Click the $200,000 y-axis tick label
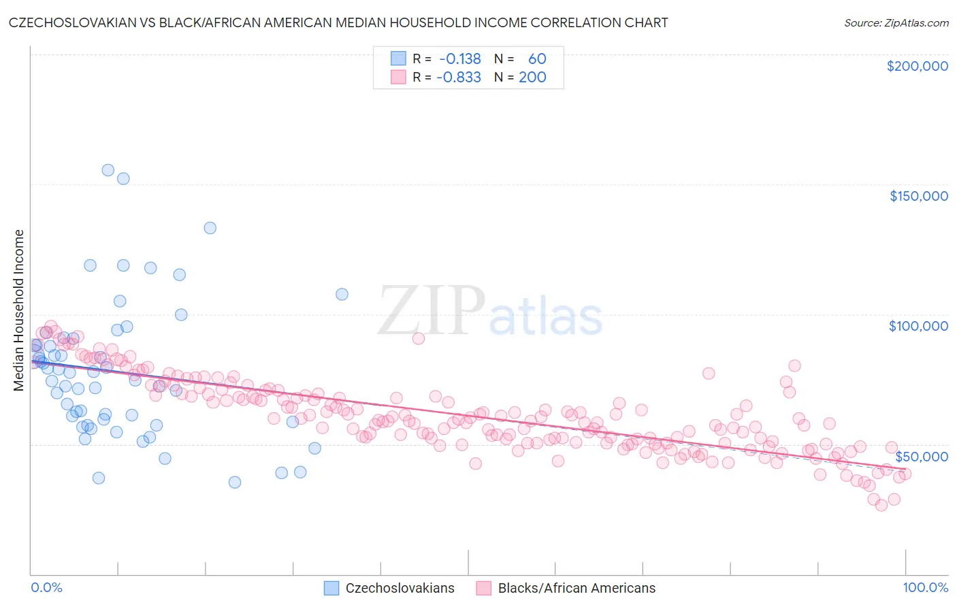pos(917,66)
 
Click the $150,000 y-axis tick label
pos(918,196)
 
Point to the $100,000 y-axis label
pos(918,326)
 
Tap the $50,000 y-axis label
pos(921,457)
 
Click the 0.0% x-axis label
pos(46,587)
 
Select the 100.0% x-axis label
pos(925,587)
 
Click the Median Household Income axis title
pos(18,310)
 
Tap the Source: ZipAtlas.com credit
pos(896,22)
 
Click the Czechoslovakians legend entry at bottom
pos(400,588)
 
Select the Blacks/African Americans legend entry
pos(577,588)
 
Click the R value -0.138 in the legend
pos(459,59)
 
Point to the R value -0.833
pos(459,77)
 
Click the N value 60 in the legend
pos(537,59)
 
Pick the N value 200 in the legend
pos(532,77)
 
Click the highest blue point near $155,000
pos(108,170)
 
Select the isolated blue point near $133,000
pos(210,228)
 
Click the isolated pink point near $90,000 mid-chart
pos(419,338)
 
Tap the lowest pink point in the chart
pos(881,505)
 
